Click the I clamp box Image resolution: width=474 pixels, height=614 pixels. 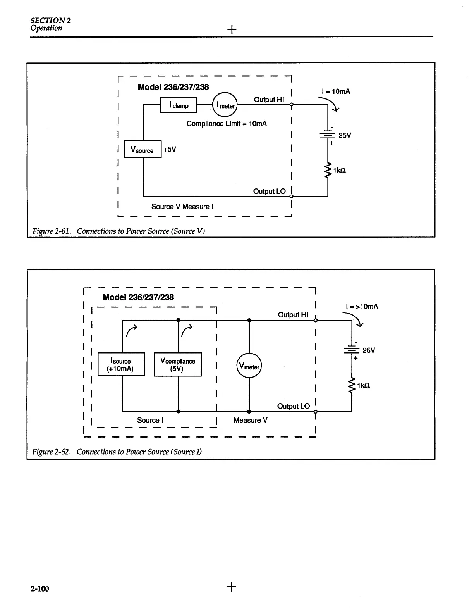click(x=179, y=105)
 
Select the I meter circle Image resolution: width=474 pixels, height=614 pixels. click(x=225, y=105)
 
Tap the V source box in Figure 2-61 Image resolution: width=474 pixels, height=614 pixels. click(x=143, y=149)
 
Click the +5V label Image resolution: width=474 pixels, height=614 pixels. click(x=170, y=150)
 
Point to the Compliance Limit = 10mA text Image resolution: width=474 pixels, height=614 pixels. click(x=227, y=124)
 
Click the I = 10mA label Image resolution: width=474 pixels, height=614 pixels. click(x=336, y=91)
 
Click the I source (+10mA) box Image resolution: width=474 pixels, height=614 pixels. click(x=121, y=364)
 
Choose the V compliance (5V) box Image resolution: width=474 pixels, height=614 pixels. click(x=178, y=364)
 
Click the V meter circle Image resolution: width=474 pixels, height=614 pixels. click(x=249, y=366)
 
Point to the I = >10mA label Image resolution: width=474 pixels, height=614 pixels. click(x=362, y=307)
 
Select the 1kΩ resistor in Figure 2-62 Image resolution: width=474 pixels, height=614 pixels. click(x=352, y=385)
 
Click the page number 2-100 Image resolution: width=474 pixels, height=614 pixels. click(x=40, y=588)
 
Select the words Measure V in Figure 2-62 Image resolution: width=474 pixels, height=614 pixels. click(x=250, y=420)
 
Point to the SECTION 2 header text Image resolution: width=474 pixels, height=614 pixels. click(x=51, y=21)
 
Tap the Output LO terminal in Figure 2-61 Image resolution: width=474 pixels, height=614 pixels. click(x=291, y=196)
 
